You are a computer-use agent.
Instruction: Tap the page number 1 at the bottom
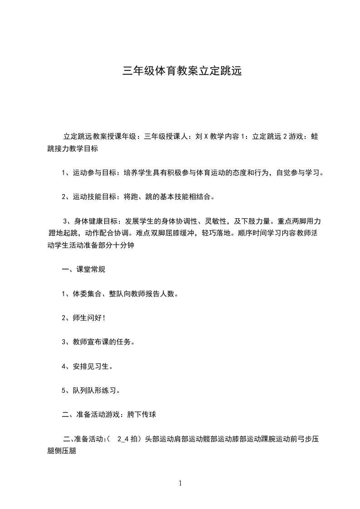[x=180, y=483]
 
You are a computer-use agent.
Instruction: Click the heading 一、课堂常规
[x=84, y=269]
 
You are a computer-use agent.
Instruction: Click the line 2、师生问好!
[x=84, y=318]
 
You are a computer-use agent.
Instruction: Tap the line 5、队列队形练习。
[x=91, y=390]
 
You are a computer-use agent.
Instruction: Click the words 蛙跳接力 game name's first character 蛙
[x=315, y=136]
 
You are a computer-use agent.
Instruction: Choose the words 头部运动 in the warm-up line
[x=159, y=439]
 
